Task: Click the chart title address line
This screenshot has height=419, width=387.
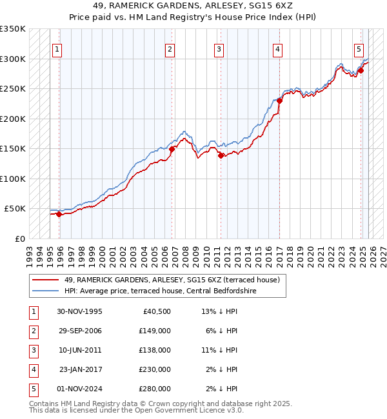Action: (x=193, y=5)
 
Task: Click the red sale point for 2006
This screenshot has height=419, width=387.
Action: (x=172, y=149)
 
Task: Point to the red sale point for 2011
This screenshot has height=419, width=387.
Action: (x=221, y=155)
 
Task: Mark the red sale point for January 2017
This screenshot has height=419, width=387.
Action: (x=279, y=101)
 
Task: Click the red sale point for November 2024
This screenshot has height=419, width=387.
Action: (x=361, y=70)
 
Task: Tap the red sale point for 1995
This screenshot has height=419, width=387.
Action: (x=59, y=214)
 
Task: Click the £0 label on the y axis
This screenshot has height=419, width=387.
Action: (x=19, y=239)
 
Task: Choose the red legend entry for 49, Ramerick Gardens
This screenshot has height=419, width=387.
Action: (x=171, y=280)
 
